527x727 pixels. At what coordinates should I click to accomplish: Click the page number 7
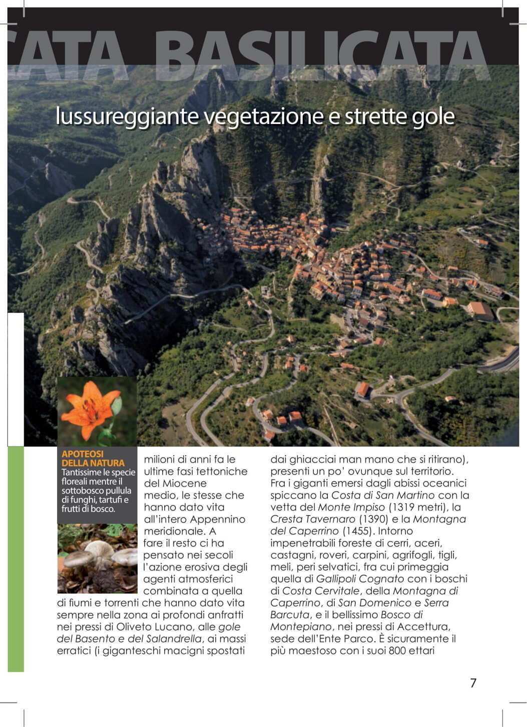473,682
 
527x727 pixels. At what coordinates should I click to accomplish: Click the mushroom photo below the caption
97,558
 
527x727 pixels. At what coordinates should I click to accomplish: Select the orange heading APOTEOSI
83,454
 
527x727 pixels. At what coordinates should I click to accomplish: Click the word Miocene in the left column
184,483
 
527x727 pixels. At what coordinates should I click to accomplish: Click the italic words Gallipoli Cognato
360,579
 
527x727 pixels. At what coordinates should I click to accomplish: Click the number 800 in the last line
397,650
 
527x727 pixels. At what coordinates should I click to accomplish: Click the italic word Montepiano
301,626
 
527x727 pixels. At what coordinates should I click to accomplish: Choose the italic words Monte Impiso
351,507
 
